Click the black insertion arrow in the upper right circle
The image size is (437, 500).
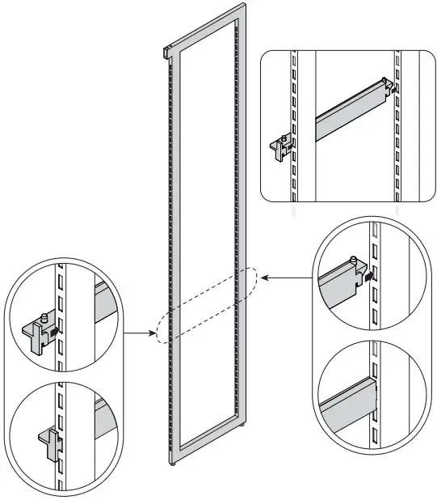tap(370, 276)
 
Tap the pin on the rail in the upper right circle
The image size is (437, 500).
tap(355, 261)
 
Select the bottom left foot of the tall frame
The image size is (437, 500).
tap(172, 464)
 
